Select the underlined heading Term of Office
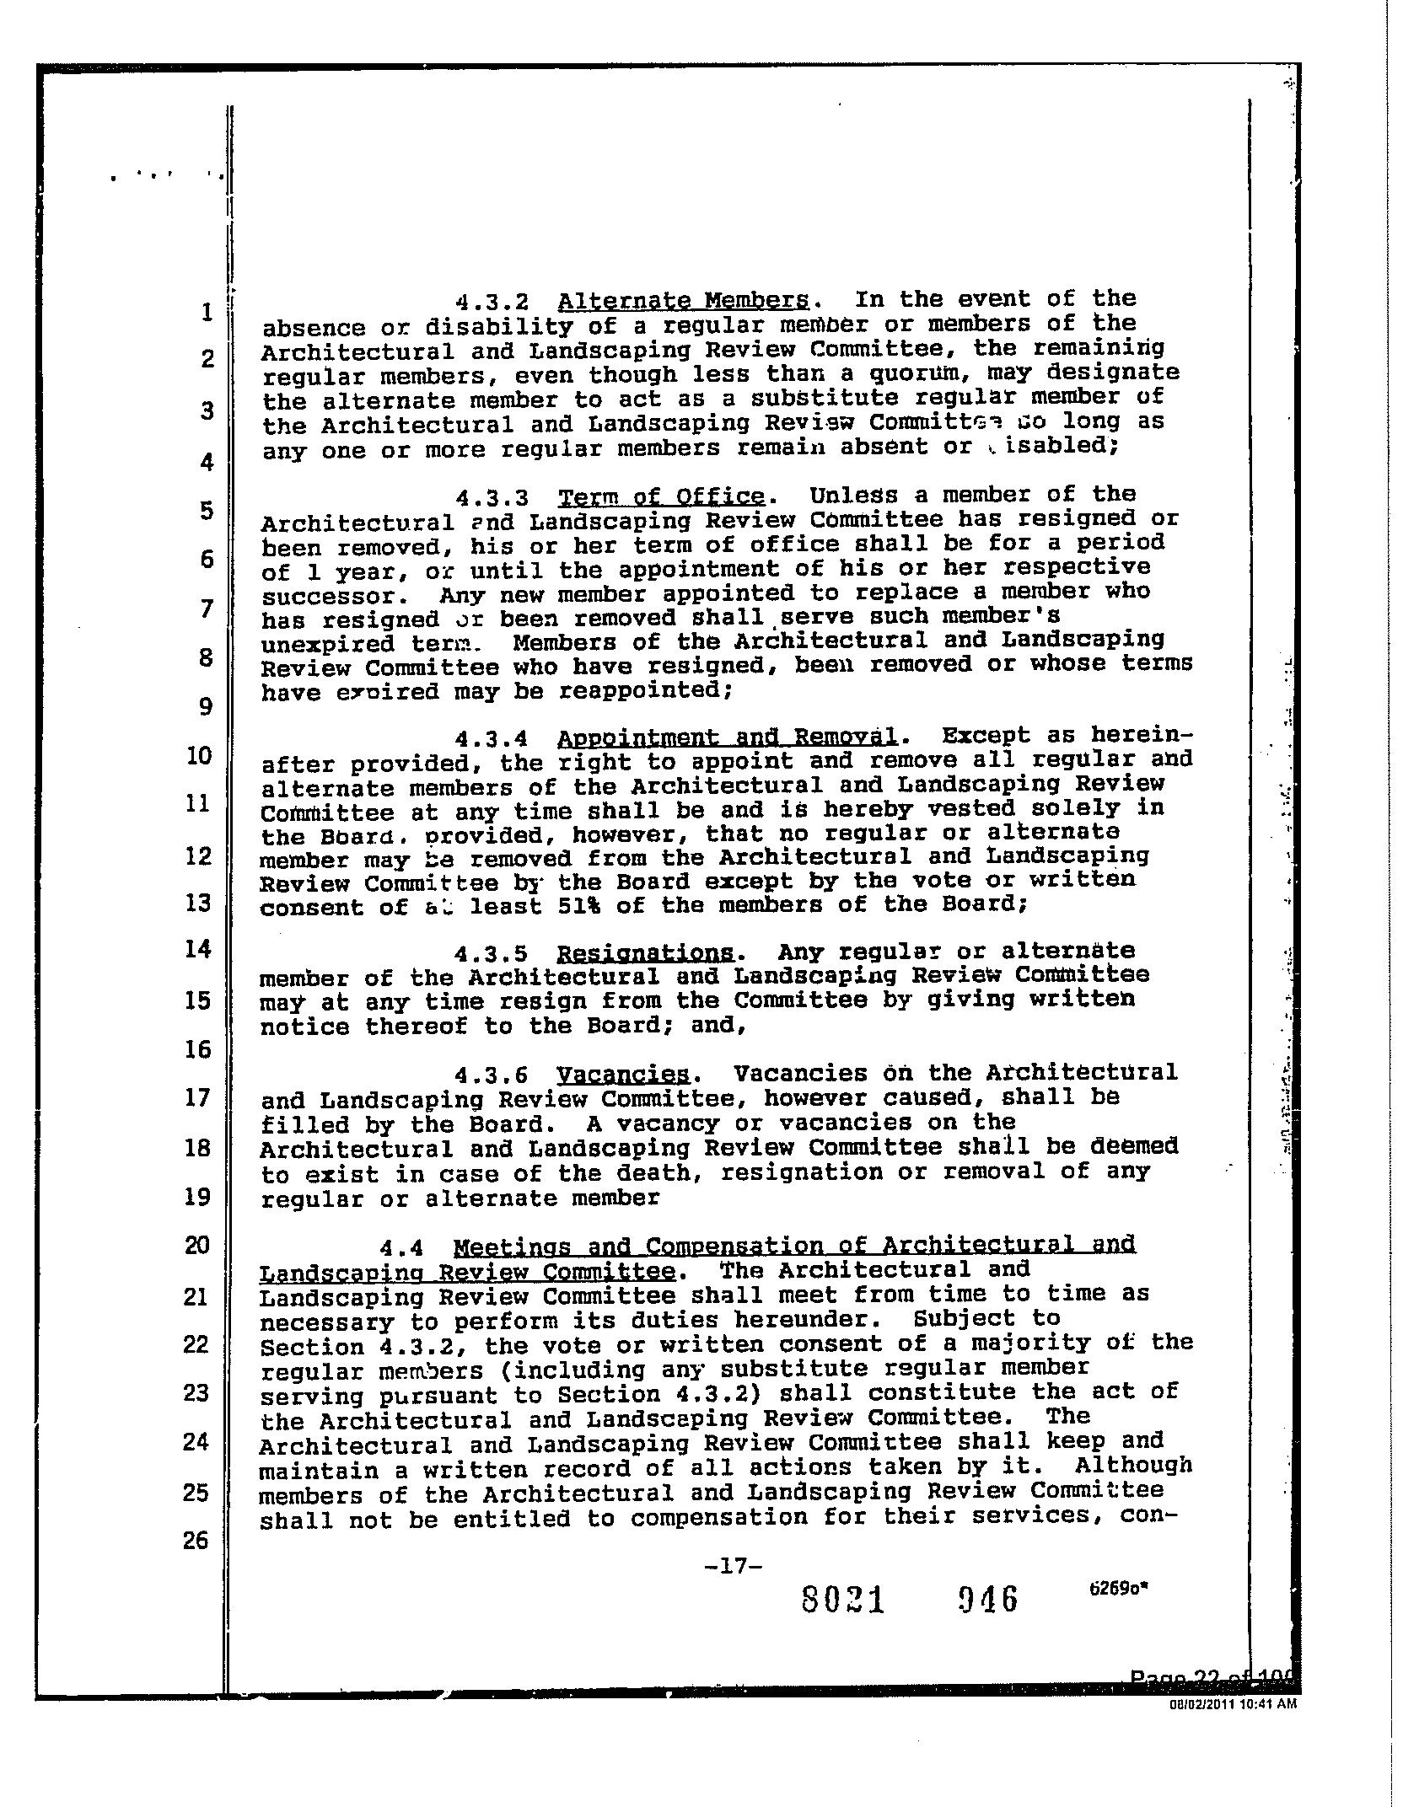pyautogui.click(x=662, y=496)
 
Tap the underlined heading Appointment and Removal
pyautogui.click(x=727, y=738)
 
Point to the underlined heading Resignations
pyautogui.click(x=646, y=953)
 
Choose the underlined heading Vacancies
pyautogui.click(x=623, y=1075)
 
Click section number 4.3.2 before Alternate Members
pyautogui.click(x=492, y=302)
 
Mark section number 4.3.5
pyautogui.click(x=491, y=954)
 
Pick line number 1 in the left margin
pyautogui.click(x=207, y=312)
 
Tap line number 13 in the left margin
pyautogui.click(x=197, y=903)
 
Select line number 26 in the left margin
pyautogui.click(x=196, y=1541)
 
